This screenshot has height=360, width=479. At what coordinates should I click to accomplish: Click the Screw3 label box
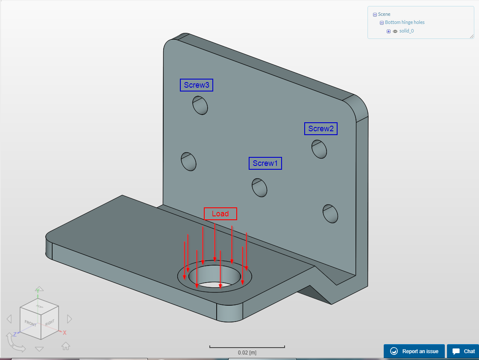tap(197, 85)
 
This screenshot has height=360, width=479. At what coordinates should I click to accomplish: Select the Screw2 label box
tap(321, 129)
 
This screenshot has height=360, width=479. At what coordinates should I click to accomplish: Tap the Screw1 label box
tap(265, 163)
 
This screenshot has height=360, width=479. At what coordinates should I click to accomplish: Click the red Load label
tap(220, 214)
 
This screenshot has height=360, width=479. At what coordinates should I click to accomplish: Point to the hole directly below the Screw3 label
tap(200, 105)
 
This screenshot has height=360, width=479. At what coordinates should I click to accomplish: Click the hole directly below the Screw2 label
tap(320, 148)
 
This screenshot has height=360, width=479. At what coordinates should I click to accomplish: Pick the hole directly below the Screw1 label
tap(259, 187)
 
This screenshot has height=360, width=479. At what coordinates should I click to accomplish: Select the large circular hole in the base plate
tap(214, 277)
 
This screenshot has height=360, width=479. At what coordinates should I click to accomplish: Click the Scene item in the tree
tap(384, 14)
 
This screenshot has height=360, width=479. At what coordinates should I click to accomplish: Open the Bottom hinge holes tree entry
tap(405, 22)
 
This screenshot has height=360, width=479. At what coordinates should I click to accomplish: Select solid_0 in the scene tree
tap(406, 31)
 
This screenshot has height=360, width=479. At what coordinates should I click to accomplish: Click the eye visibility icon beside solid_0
tap(395, 31)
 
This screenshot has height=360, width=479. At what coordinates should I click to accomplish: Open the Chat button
tap(464, 351)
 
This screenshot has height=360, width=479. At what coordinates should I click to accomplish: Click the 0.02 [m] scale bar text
tap(247, 353)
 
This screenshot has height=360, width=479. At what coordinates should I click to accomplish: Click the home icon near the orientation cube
tap(66, 346)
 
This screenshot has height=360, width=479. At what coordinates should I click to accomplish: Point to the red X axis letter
tap(65, 333)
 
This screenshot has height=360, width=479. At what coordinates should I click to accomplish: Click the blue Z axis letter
tap(15, 334)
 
